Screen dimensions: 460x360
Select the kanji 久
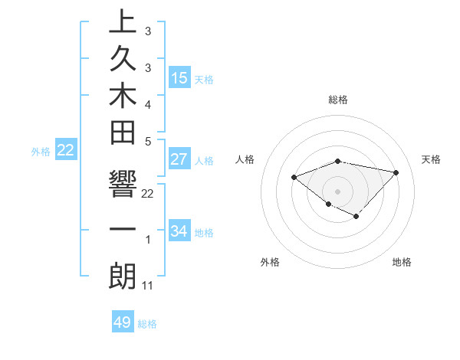[x=123, y=62]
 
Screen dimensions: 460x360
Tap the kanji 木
[x=123, y=101]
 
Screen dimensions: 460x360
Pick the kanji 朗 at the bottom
[x=123, y=277]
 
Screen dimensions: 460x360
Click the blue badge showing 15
[x=179, y=77]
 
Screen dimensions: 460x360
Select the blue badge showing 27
[x=179, y=159]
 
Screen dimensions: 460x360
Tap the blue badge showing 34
[x=179, y=231]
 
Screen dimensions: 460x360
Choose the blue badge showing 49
[x=123, y=322]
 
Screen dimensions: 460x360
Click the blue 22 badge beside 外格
[x=66, y=150]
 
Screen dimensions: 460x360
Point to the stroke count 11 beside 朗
[x=148, y=286]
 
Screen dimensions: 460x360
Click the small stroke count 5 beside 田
[x=148, y=140]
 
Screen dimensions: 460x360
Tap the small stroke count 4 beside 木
[x=148, y=103]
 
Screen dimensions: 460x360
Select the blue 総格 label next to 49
[x=147, y=324]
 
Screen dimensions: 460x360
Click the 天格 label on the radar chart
[x=432, y=159]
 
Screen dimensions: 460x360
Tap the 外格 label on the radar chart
[x=270, y=262]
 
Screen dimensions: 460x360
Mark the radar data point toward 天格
[x=396, y=172]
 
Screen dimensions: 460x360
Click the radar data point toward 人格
[x=294, y=177]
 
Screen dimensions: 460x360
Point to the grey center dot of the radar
[x=337, y=191]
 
